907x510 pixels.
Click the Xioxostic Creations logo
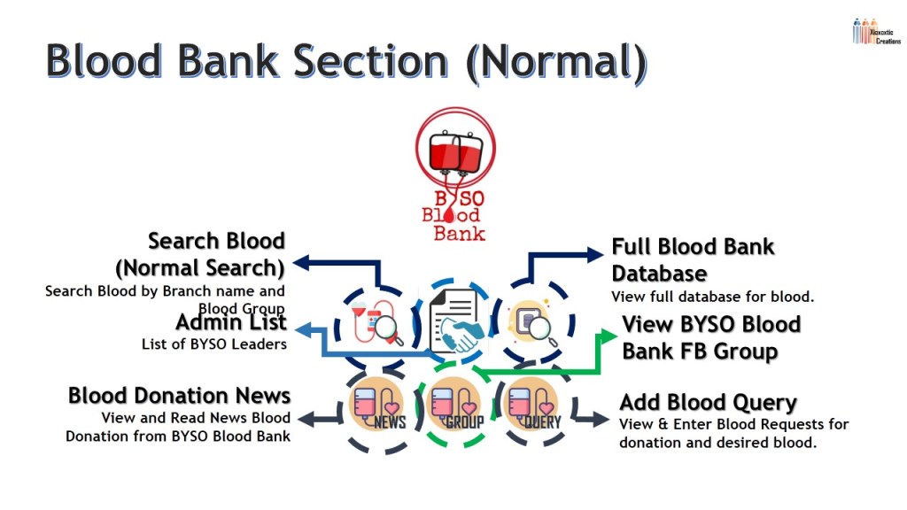(875, 32)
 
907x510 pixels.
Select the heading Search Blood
(216, 241)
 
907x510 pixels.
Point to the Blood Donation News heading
(179, 395)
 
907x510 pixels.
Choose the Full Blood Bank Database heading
(693, 259)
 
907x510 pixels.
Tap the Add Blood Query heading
(708, 403)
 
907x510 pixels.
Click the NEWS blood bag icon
(378, 405)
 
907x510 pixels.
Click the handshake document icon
(453, 322)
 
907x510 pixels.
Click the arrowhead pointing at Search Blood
(301, 262)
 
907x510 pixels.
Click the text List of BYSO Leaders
(213, 344)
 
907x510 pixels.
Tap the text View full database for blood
(712, 296)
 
